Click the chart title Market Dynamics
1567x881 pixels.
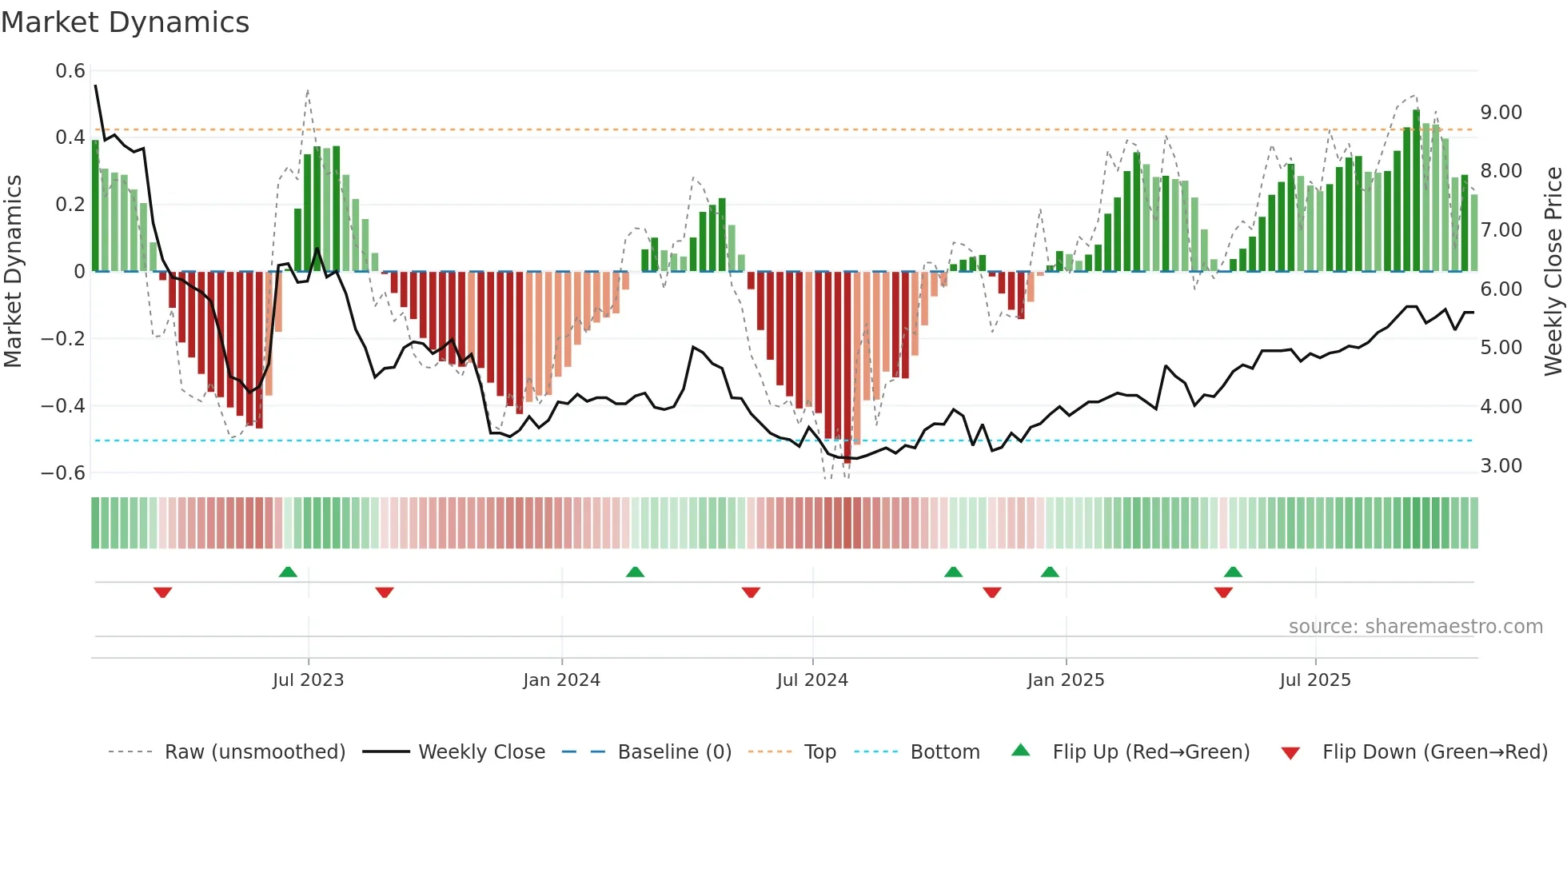pyautogui.click(x=126, y=22)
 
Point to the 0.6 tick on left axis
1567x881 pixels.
pyautogui.click(x=70, y=71)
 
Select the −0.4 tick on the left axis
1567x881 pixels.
pyautogui.click(x=63, y=405)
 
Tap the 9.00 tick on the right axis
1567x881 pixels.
pyautogui.click(x=1501, y=113)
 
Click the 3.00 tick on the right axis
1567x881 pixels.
pyautogui.click(x=1501, y=465)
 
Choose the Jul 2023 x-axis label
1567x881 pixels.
pyautogui.click(x=308, y=680)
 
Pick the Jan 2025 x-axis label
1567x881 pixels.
pyautogui.click(x=1066, y=680)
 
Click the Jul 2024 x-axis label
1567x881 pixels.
pyautogui.click(x=812, y=680)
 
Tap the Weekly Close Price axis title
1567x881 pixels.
pyautogui.click(x=1553, y=271)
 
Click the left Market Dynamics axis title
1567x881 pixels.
pyautogui.click(x=13, y=271)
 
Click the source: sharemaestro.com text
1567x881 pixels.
pyautogui.click(x=1415, y=627)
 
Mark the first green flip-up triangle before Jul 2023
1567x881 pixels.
pyautogui.click(x=288, y=572)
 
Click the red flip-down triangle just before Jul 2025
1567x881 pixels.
pyautogui.click(x=1223, y=592)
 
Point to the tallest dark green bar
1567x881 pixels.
pyautogui.click(x=1417, y=192)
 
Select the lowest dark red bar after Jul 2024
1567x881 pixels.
pyautogui.click(x=847, y=368)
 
